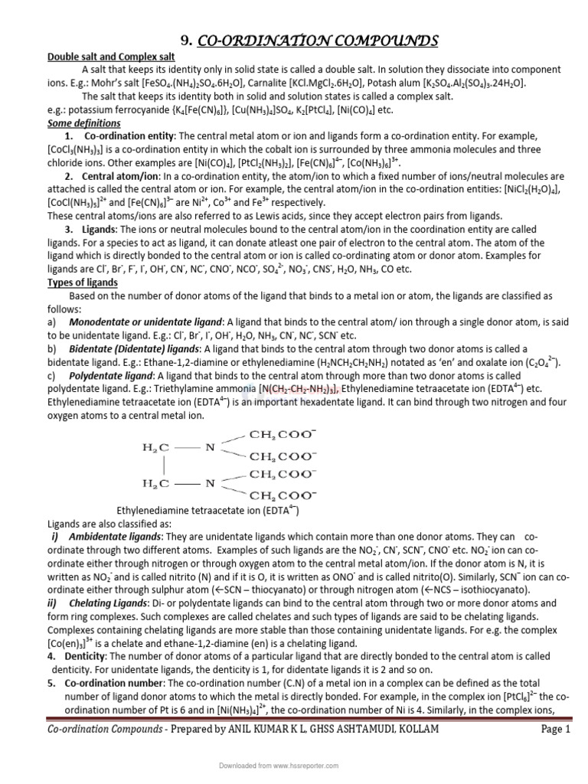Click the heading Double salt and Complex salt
pos(112,57)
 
